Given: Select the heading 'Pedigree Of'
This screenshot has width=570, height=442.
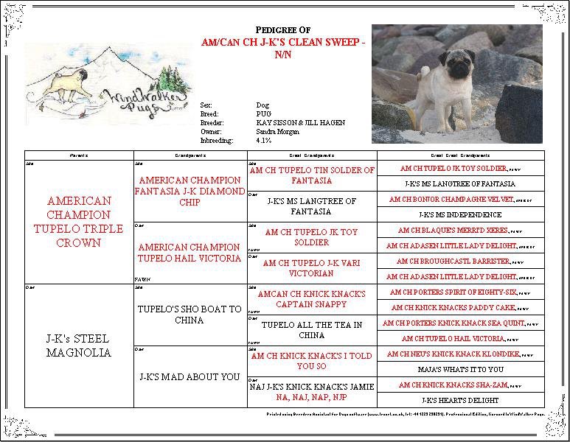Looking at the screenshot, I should point(288,29).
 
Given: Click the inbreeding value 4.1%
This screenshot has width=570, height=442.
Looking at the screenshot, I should point(263,140).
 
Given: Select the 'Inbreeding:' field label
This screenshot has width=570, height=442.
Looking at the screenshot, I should point(217,140).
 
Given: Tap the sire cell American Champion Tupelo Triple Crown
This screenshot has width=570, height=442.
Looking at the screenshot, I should point(79,222).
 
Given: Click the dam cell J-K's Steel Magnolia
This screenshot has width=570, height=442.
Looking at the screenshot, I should point(79,345).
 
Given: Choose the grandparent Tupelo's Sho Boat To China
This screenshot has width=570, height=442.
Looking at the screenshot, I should point(190,315).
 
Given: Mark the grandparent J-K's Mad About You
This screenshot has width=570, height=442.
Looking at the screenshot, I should point(190,376).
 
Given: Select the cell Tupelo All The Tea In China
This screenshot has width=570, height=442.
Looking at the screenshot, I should point(312,330).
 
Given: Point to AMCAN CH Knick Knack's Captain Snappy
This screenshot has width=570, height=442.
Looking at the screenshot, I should point(312,299).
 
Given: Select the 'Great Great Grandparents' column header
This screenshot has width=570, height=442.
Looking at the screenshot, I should point(460,155).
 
